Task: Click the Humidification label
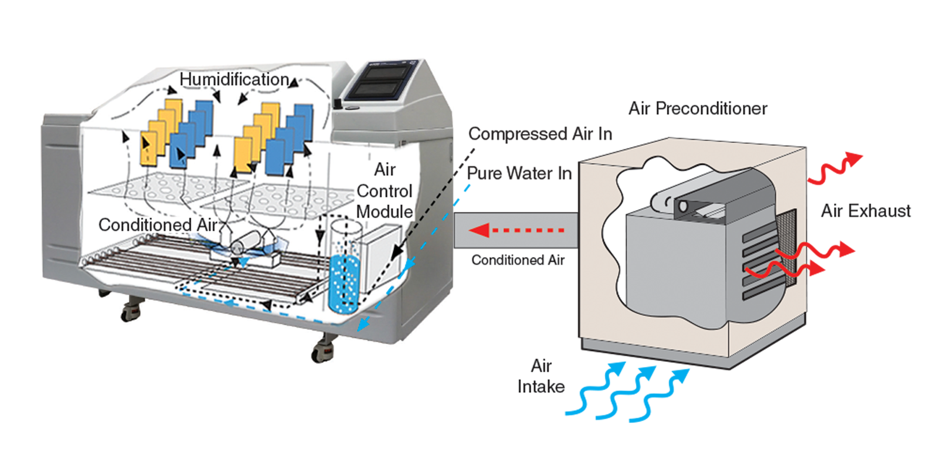point(235,79)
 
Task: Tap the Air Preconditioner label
point(698,109)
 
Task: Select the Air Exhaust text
point(865,211)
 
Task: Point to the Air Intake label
point(541,377)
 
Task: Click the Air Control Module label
point(385,191)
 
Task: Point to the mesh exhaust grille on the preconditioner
point(785,251)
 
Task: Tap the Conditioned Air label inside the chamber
point(158,225)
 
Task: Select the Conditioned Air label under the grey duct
point(519,259)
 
